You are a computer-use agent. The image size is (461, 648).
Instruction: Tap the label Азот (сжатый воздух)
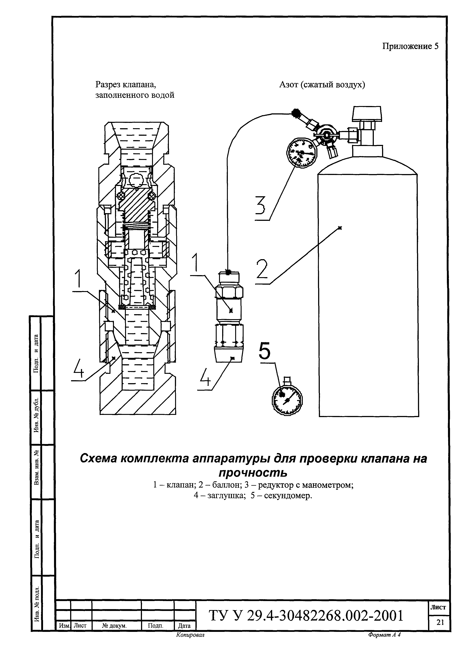[322, 85]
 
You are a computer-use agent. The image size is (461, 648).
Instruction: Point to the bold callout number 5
[264, 351]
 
